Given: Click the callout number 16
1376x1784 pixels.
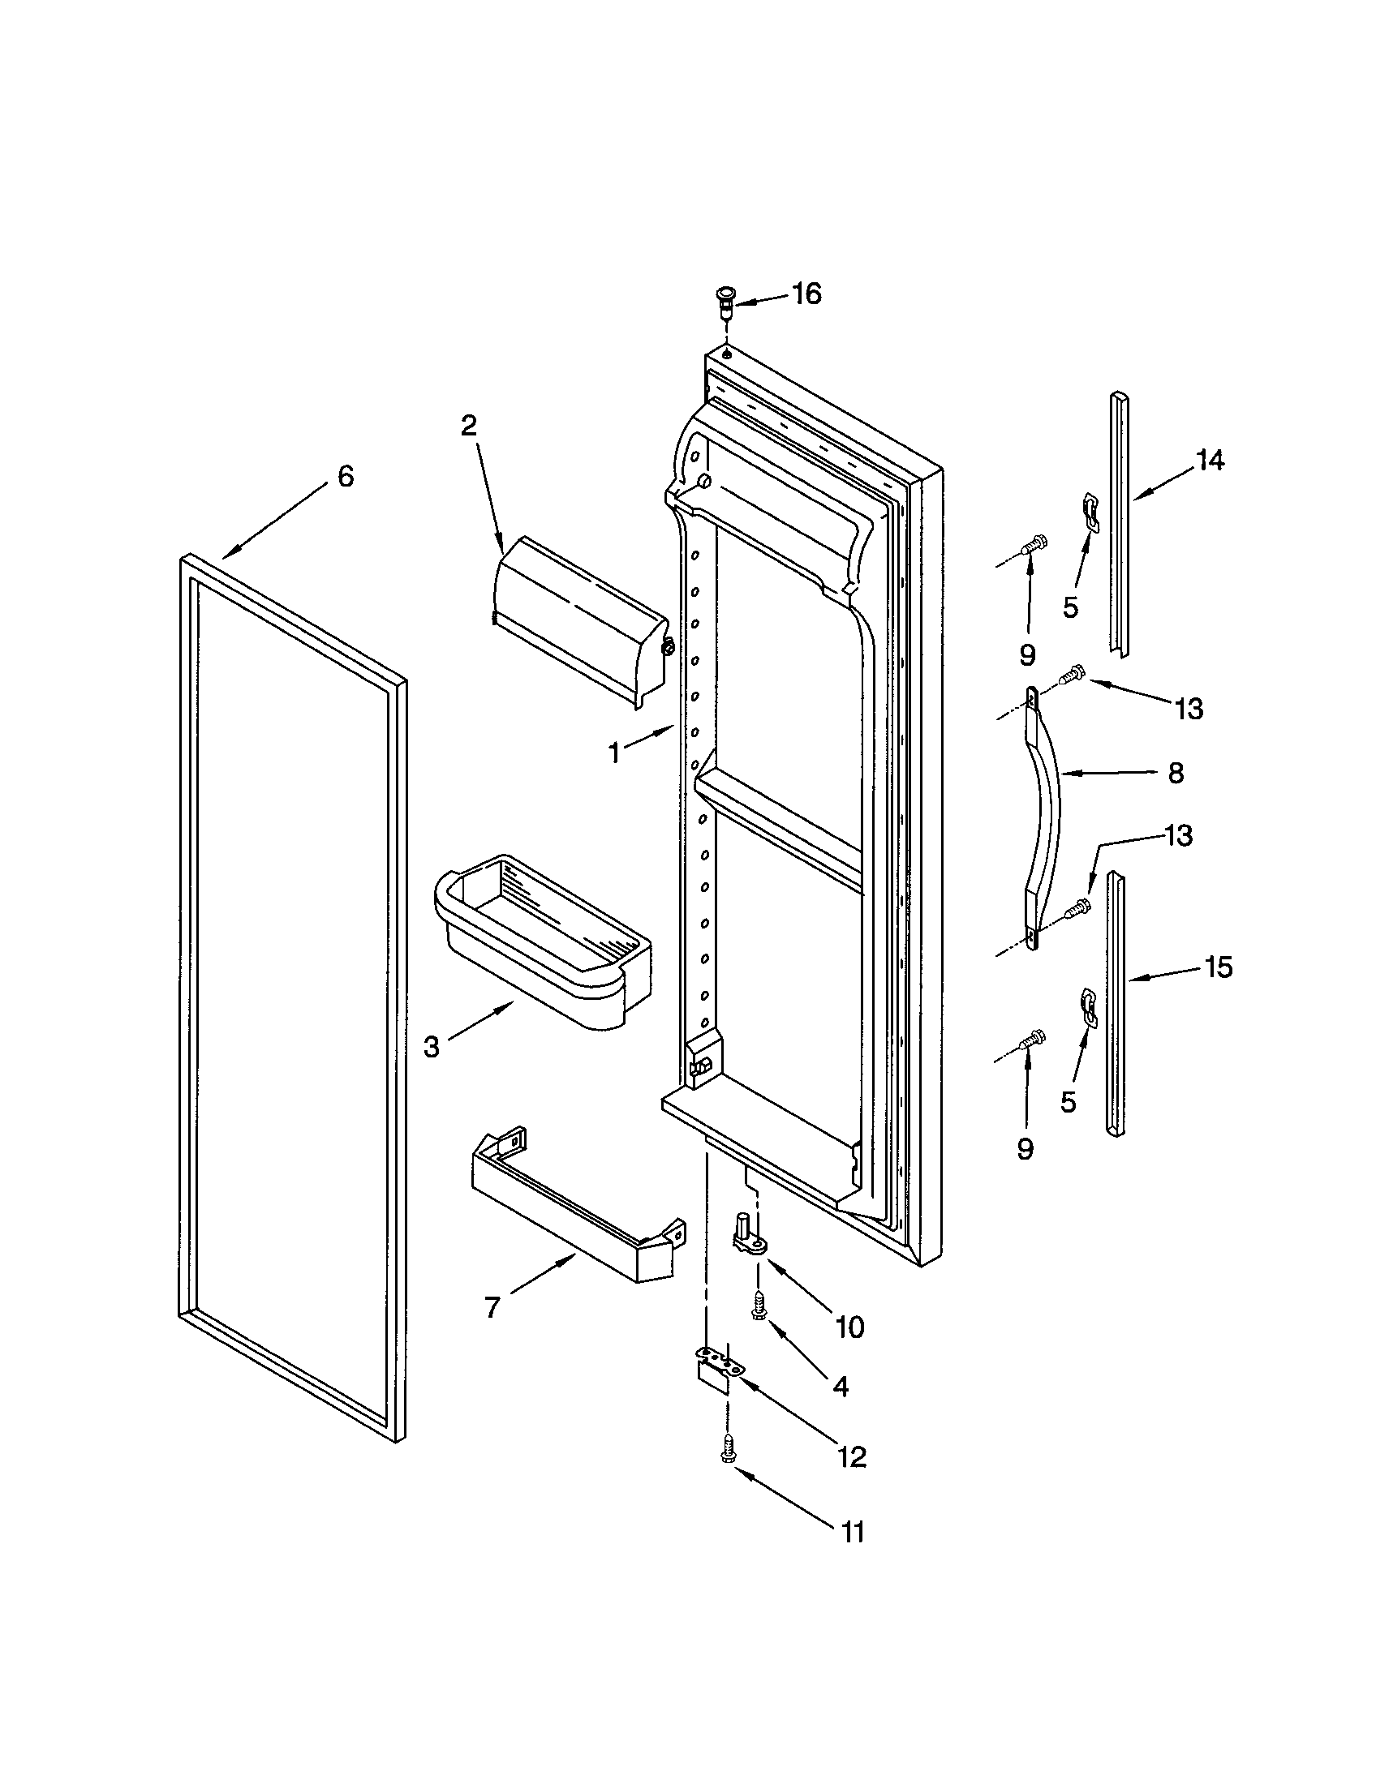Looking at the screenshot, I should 806,294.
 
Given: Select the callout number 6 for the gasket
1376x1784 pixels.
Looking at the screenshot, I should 346,476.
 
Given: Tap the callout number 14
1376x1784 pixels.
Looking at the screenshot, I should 1210,461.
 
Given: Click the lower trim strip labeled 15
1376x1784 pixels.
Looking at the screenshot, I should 1116,1005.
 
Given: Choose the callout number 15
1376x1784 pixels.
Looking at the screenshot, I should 1218,967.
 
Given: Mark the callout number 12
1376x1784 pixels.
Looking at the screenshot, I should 851,1456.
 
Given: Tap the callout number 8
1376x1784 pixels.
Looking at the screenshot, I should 1175,773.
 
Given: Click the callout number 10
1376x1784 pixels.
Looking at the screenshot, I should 849,1327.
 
